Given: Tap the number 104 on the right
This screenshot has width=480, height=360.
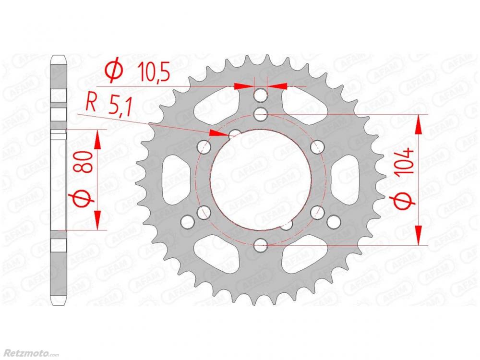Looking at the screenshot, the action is coord(404,161).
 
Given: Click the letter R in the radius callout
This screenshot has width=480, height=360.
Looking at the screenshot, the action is coord(91,103).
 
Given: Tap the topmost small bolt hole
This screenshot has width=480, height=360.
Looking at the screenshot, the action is coord(261,95).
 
